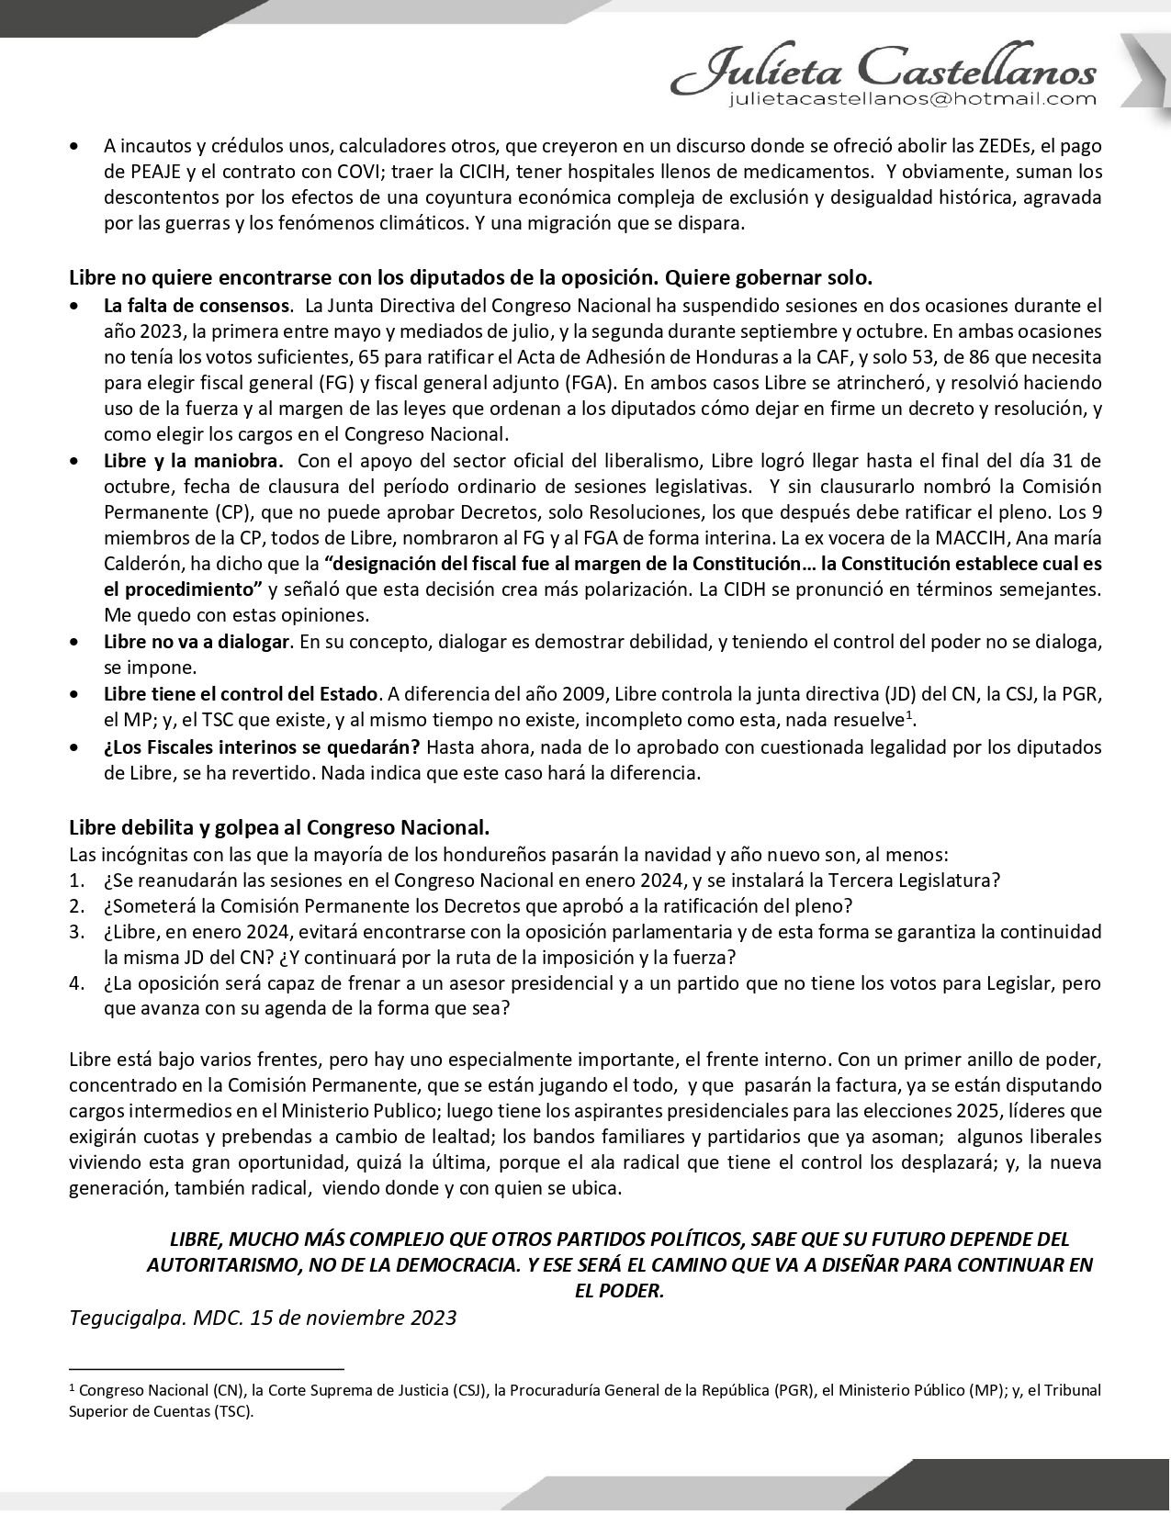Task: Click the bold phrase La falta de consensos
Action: click(197, 306)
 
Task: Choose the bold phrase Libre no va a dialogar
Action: click(197, 642)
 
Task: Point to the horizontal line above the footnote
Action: click(206, 1367)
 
